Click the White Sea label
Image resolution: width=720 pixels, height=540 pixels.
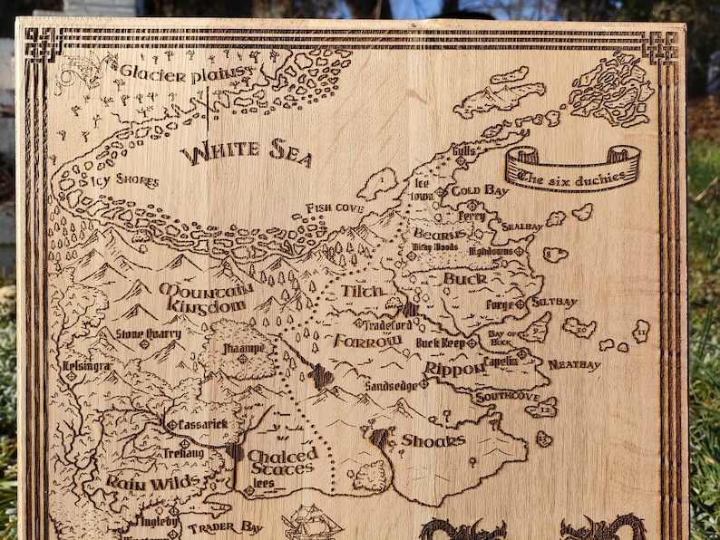pyautogui.click(x=246, y=153)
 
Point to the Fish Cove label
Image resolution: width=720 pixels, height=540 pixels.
pyautogui.click(x=335, y=208)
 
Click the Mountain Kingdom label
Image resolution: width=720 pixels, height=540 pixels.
pyautogui.click(x=205, y=297)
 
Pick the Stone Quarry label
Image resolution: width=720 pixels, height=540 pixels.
pyautogui.click(x=149, y=333)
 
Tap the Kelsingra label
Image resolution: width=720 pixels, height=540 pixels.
pyautogui.click(x=87, y=366)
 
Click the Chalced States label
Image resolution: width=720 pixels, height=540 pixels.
pyautogui.click(x=282, y=461)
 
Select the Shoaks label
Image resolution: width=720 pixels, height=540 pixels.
pyautogui.click(x=433, y=440)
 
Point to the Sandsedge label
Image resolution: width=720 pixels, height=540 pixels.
pyautogui.click(x=392, y=385)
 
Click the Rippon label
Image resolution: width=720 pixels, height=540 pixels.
pyautogui.click(x=450, y=370)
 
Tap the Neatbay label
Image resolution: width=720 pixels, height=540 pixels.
pyautogui.click(x=574, y=365)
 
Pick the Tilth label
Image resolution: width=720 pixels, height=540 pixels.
pyautogui.click(x=363, y=292)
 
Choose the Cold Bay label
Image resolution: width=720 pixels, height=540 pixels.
pyautogui.click(x=479, y=191)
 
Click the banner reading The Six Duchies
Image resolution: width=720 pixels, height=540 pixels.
pyautogui.click(x=572, y=169)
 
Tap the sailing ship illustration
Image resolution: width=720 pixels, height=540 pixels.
pyautogui.click(x=311, y=521)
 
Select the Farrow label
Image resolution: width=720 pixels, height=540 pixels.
pyautogui.click(x=367, y=341)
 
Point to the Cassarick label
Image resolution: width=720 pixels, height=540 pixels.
pyautogui.click(x=202, y=424)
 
